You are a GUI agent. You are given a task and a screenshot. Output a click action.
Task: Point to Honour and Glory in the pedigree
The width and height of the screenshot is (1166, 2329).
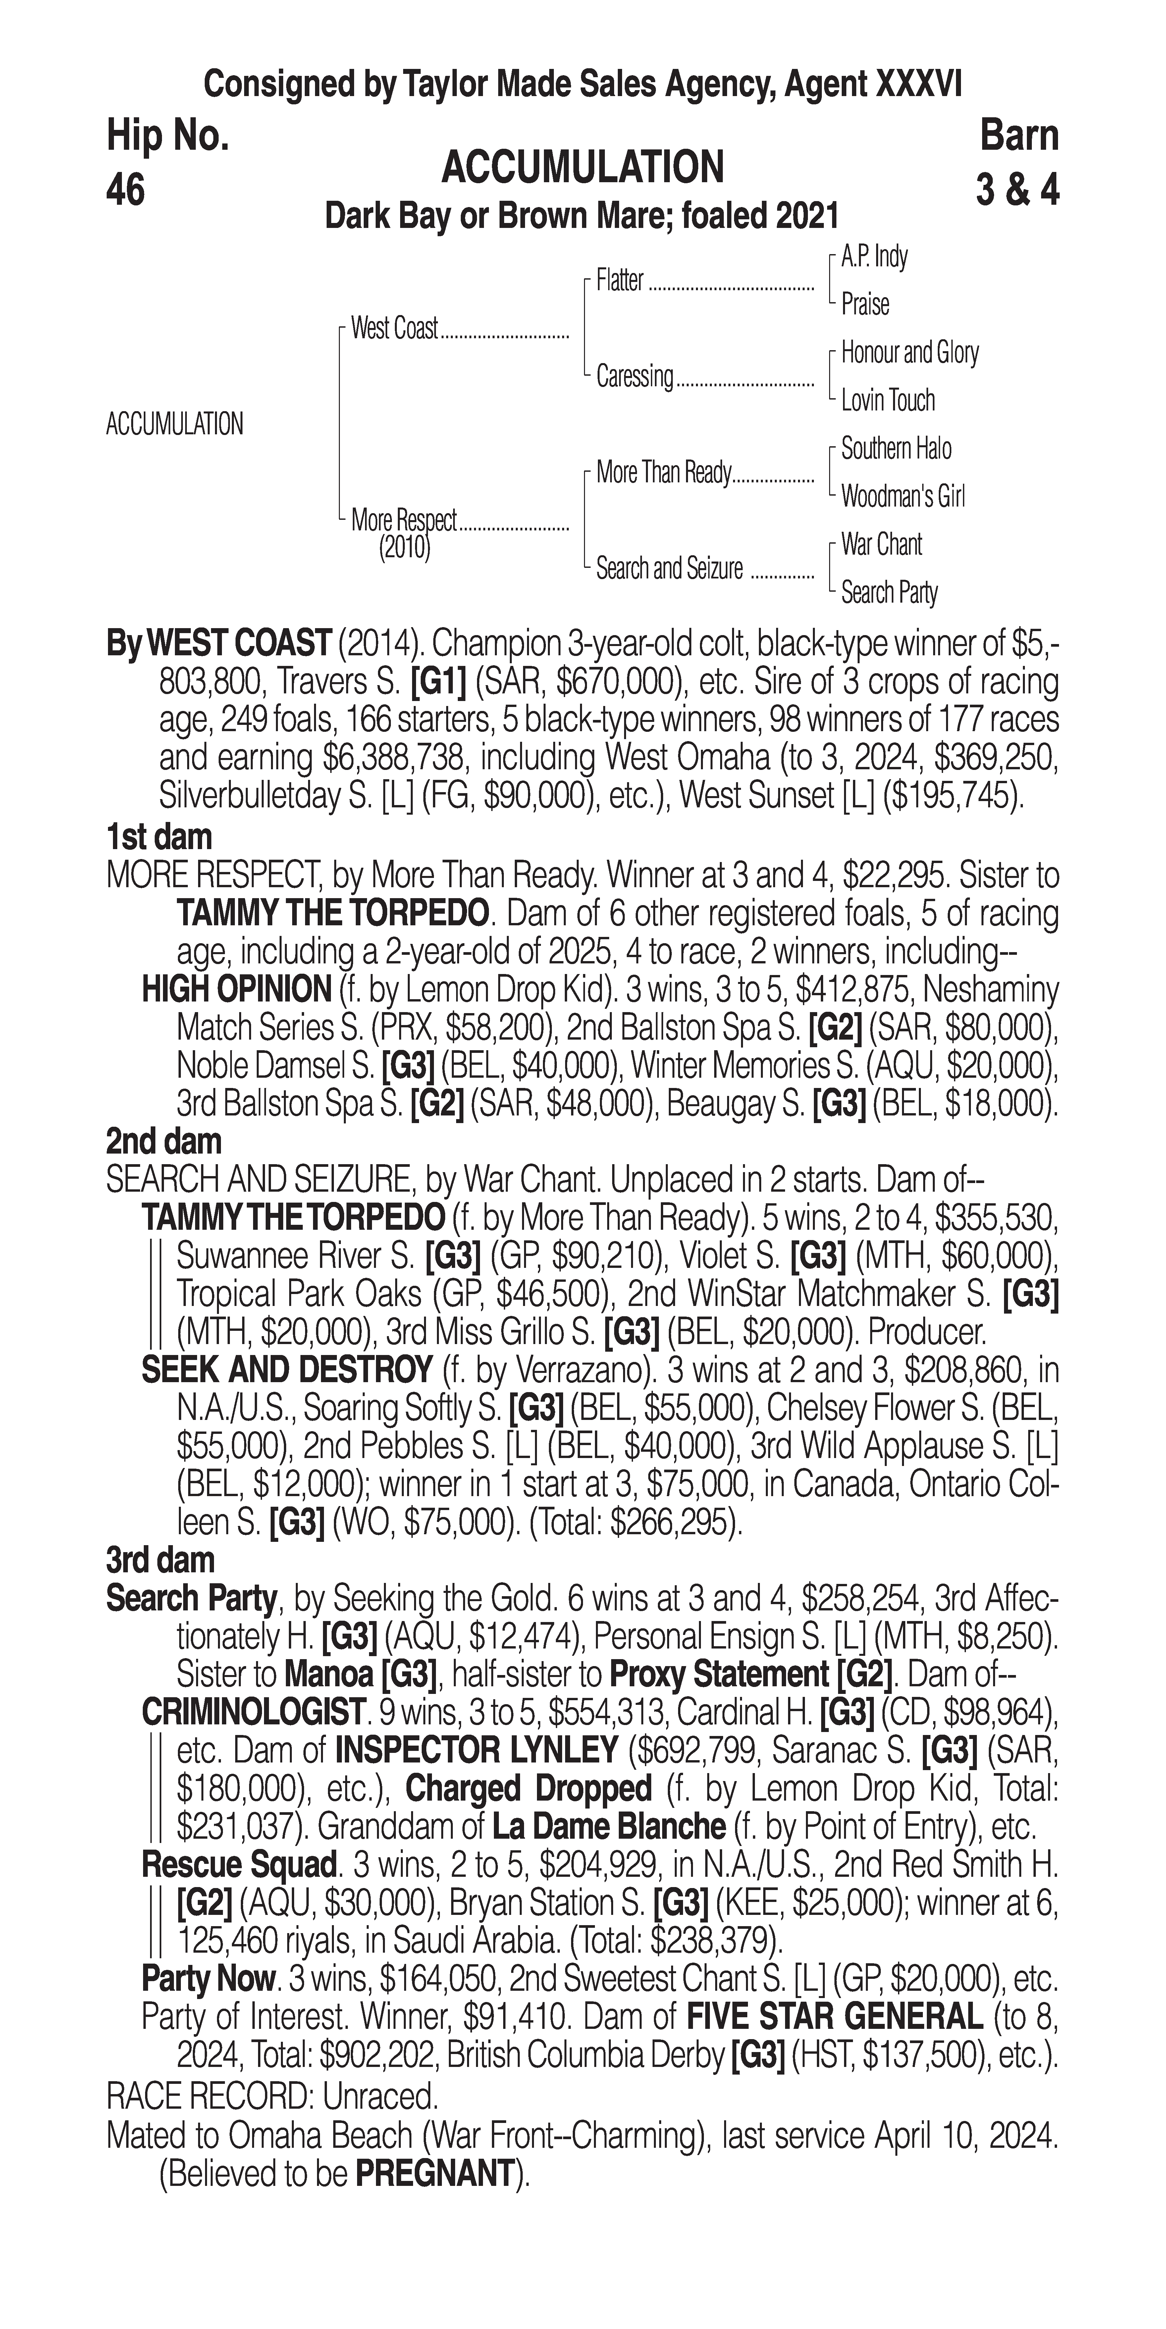pos(909,352)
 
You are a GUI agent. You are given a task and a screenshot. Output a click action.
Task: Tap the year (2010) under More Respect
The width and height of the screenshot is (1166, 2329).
pos(404,548)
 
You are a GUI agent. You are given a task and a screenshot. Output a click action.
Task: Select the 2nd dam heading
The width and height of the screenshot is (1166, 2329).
pos(164,1142)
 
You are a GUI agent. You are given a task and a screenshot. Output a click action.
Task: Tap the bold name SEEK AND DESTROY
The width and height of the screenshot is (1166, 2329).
pos(287,1370)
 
